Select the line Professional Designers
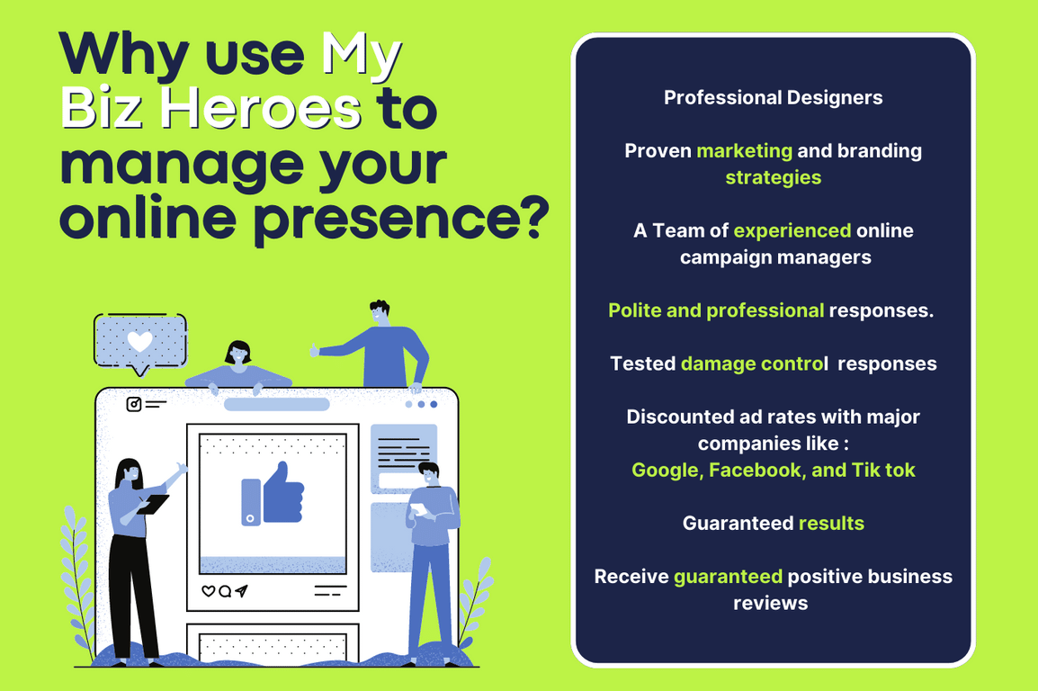[x=774, y=98]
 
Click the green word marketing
[x=745, y=151]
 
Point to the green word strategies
[x=774, y=178]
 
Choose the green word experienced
[x=792, y=230]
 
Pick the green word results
[x=831, y=524]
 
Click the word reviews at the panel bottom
[x=771, y=603]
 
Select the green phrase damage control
[x=754, y=364]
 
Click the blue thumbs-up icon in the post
[x=273, y=494]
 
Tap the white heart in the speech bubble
[x=139, y=342]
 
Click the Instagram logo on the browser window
[x=134, y=404]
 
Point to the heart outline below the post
[x=208, y=591]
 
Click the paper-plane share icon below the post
[x=241, y=590]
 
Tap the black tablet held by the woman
[x=152, y=504]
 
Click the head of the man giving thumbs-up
[x=380, y=312]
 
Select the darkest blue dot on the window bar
[x=434, y=404]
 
